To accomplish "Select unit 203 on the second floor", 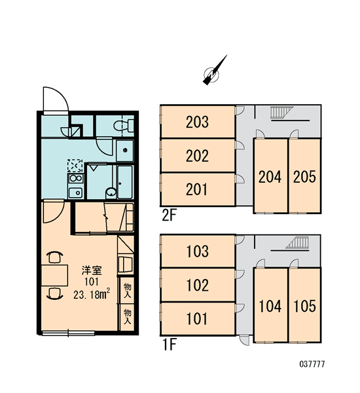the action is tap(198, 122).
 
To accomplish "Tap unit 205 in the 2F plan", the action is tap(304, 176).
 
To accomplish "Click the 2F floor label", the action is tap(169, 215).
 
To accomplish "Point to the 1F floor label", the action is tap(170, 345).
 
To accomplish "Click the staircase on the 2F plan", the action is tap(281, 112).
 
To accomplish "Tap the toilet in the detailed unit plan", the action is tap(124, 125).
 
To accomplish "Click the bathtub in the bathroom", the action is tap(125, 182).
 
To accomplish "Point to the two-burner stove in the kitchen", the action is tap(76, 178).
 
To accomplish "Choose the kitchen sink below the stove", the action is tap(75, 193).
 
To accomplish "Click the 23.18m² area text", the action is tap(92, 293).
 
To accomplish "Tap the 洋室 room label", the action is tap(92, 271).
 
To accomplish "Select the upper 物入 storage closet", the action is tap(127, 290).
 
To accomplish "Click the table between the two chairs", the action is tap(54, 275).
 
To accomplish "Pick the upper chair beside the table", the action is tap(55, 257).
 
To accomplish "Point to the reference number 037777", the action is tap(312, 364).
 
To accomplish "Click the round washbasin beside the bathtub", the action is tap(111, 193).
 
